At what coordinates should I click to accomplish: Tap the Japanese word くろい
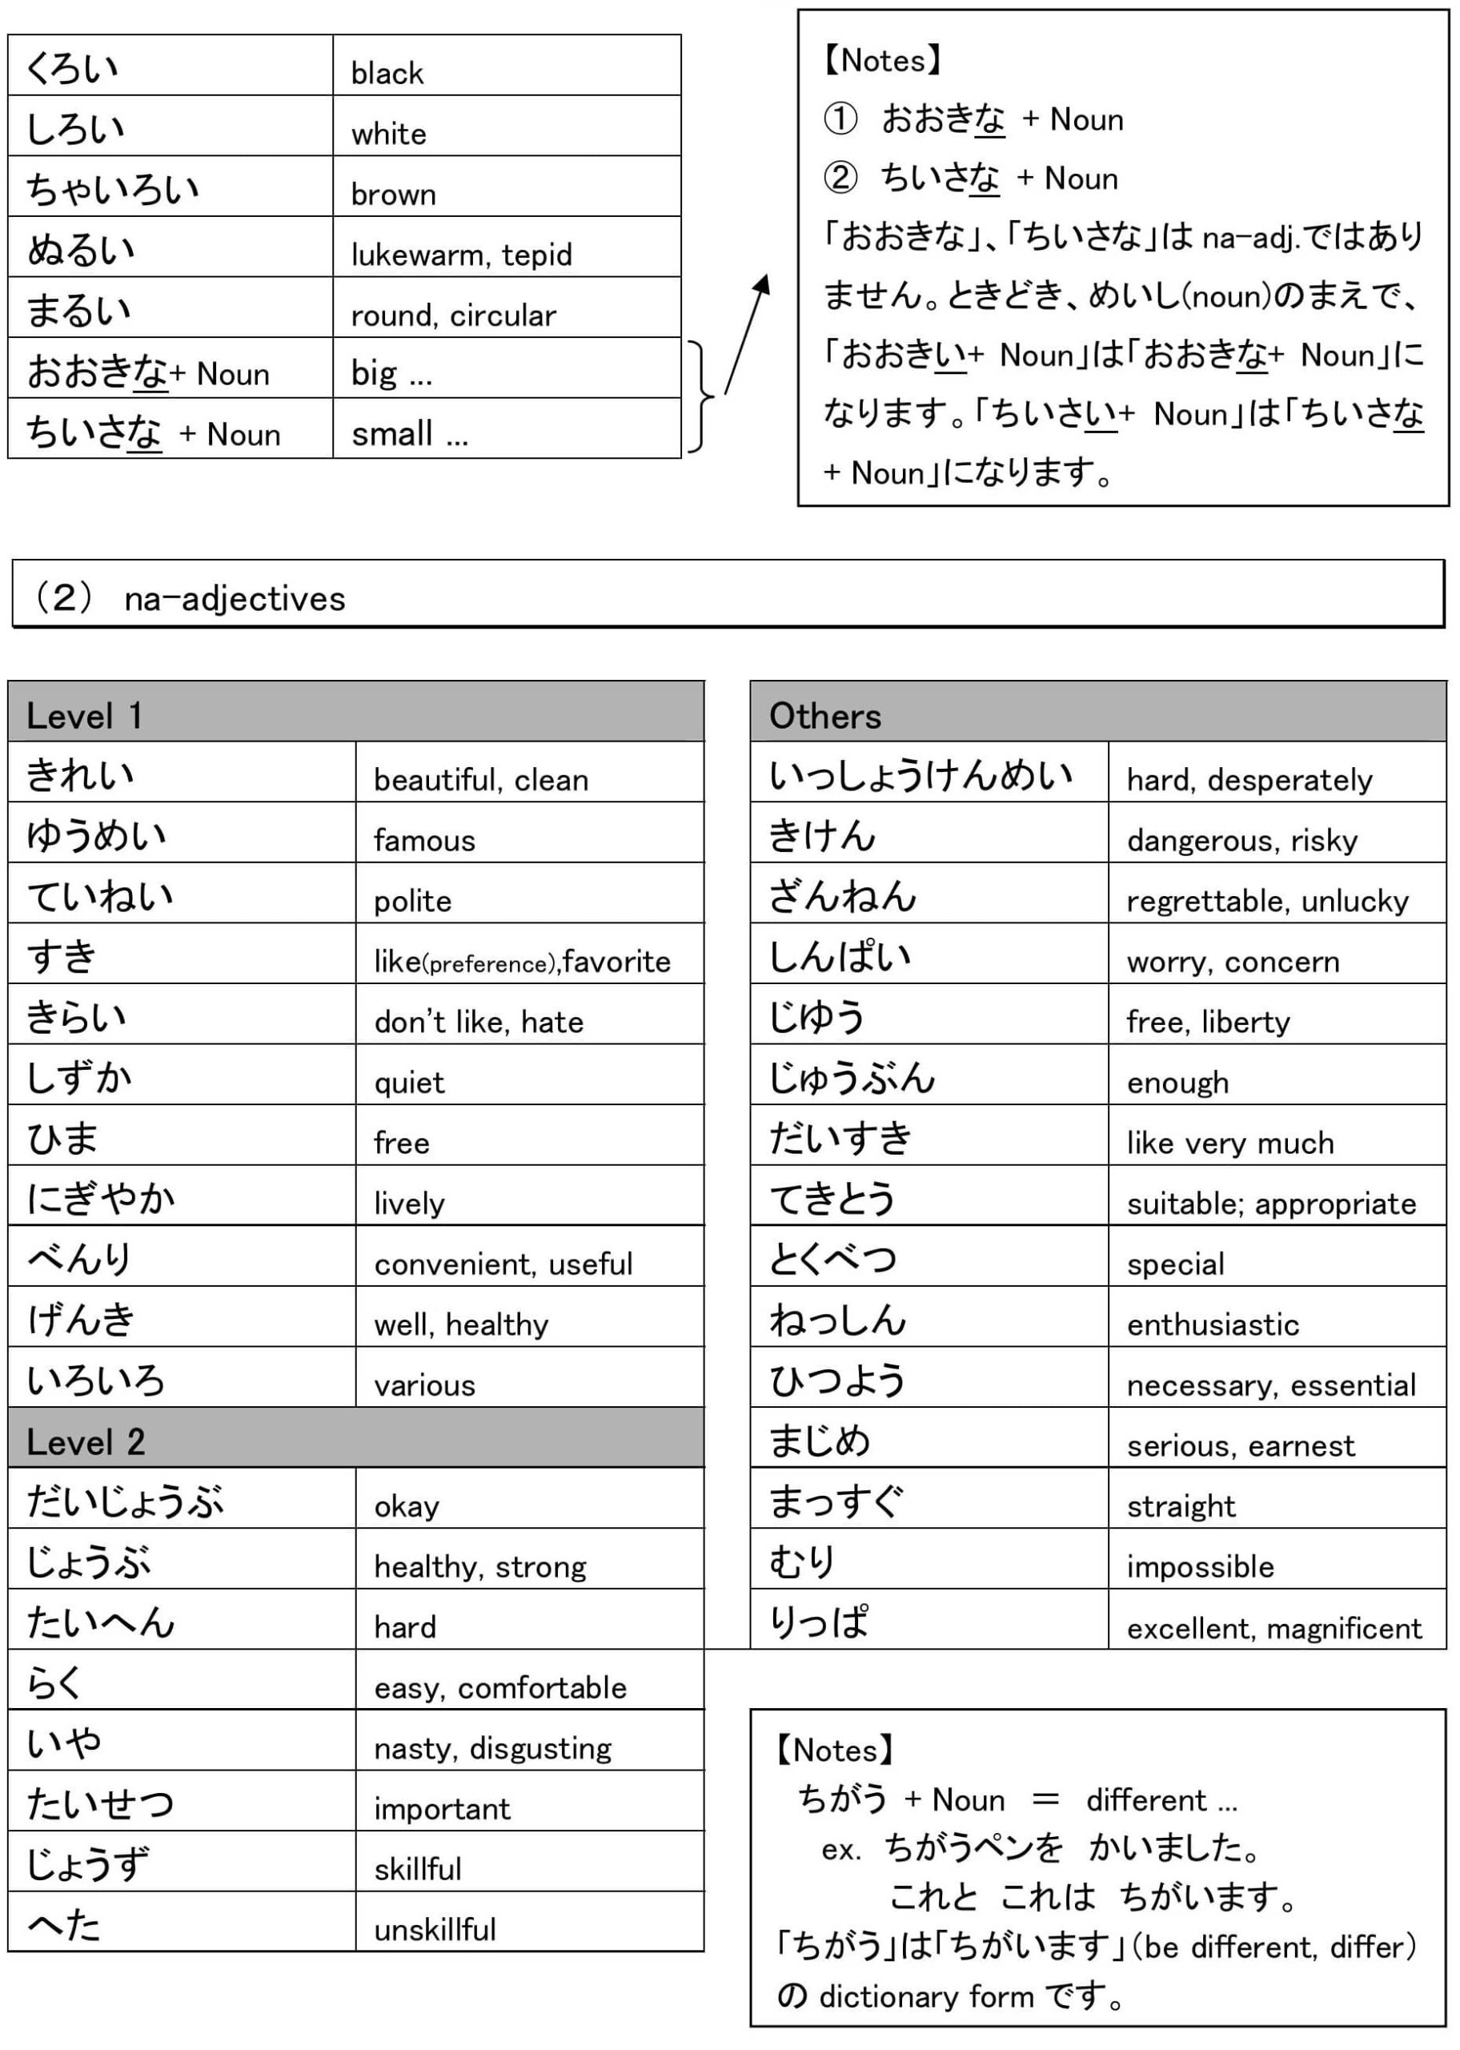73,68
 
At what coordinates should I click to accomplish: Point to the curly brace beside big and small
701,396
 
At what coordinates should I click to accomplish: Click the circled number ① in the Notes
840,119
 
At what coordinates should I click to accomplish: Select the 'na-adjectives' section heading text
235,599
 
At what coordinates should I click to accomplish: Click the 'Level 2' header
86,1442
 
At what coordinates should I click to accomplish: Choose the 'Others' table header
824,717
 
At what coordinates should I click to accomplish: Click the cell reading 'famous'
424,841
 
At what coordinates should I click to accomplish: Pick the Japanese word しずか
80,1077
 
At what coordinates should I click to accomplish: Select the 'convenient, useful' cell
503,1264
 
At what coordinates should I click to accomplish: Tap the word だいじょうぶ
126,1502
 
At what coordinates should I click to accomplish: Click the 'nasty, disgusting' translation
492,1748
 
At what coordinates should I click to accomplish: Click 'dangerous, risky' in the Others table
1241,841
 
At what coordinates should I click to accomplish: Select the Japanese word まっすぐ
836,1502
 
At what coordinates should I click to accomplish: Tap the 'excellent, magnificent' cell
1274,1628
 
